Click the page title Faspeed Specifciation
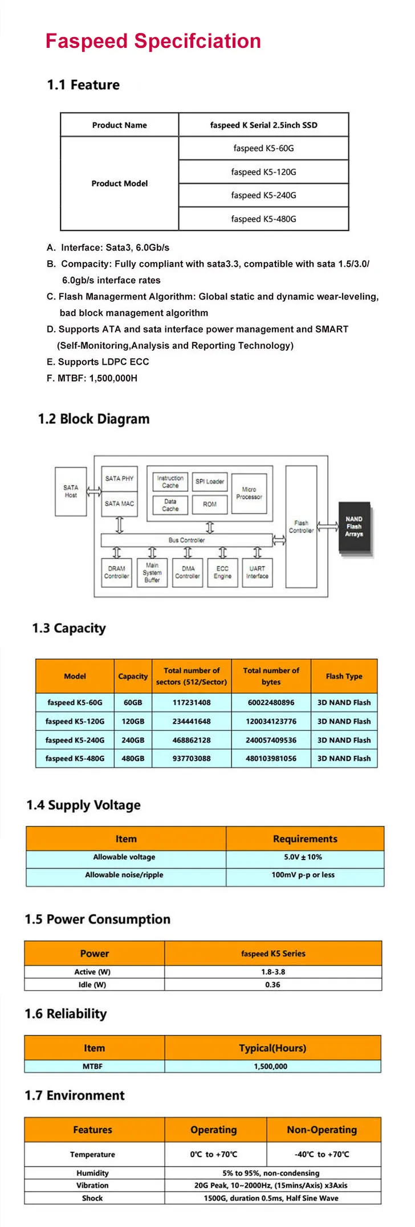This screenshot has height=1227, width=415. tap(153, 42)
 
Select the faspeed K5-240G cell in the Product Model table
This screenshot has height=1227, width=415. tap(263, 195)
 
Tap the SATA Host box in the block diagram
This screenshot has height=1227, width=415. tap(71, 492)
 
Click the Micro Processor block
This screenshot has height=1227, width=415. tap(249, 493)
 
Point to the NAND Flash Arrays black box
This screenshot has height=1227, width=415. tap(354, 527)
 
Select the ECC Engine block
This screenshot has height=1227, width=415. tap(222, 572)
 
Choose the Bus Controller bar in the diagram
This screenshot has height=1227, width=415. tap(186, 540)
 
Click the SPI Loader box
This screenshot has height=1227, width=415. tap(210, 481)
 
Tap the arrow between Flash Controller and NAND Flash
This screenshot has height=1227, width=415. tap(328, 526)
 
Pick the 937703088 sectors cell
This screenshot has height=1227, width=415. tap(192, 759)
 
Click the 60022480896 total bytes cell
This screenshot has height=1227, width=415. tap(271, 703)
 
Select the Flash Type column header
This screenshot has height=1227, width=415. tap(344, 676)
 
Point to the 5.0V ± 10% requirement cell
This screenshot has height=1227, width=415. tap(303, 857)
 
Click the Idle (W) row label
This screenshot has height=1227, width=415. tap(92, 985)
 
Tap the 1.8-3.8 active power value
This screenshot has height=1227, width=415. tap(273, 972)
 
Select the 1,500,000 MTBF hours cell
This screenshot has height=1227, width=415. tap(271, 1066)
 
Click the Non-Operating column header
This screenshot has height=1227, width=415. tap(322, 1130)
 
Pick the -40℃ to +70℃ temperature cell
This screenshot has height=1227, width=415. tap(322, 1155)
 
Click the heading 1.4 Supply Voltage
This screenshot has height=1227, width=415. tap(83, 805)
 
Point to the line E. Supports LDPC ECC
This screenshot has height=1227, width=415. tap(98, 362)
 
